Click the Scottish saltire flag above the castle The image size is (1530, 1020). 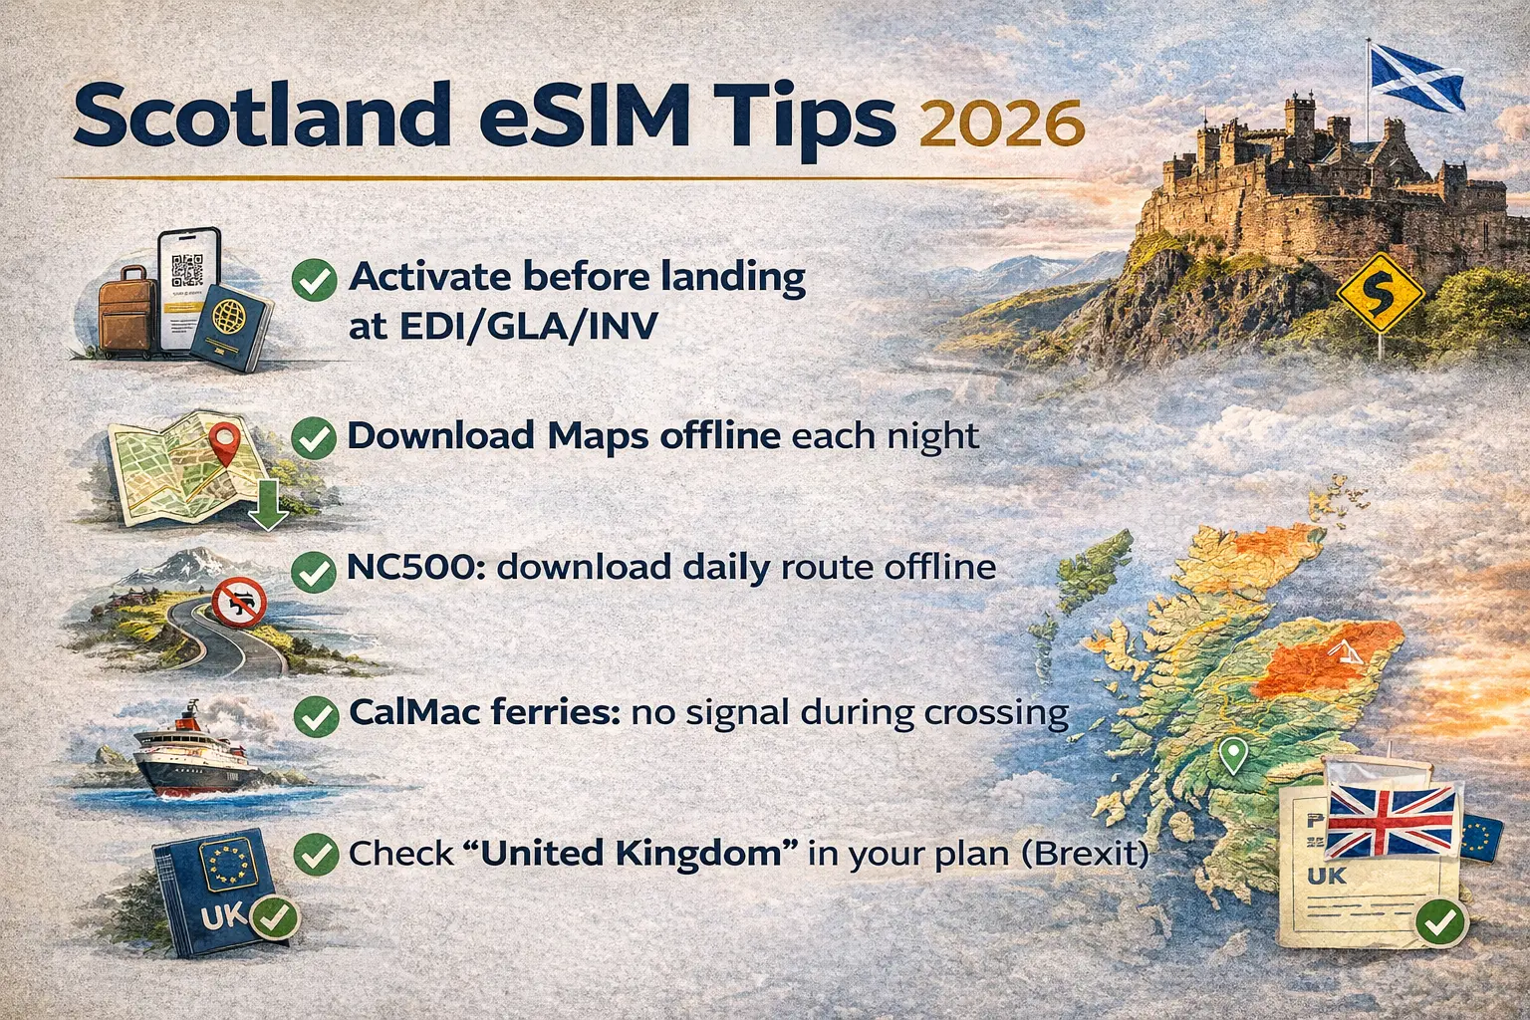(1415, 76)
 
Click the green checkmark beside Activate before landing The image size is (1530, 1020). (314, 280)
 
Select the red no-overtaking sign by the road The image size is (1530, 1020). (239, 603)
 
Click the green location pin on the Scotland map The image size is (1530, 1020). (1233, 755)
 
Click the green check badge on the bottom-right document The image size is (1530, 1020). (1439, 922)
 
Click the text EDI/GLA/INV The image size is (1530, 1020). (503, 326)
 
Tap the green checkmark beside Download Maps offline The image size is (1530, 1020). (314, 437)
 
